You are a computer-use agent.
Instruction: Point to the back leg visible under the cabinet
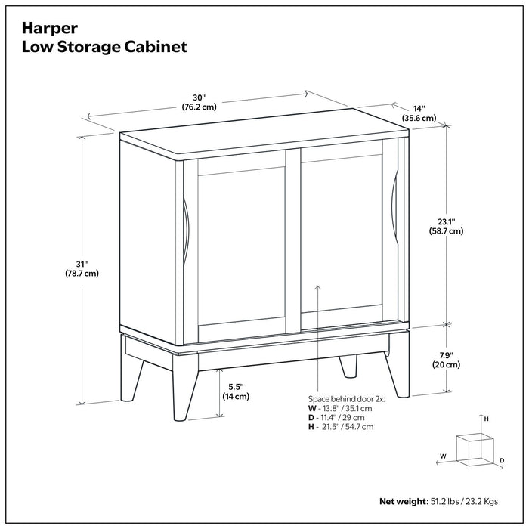tap(348, 366)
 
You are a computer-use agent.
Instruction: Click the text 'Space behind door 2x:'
tap(347, 398)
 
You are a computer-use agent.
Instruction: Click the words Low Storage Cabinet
tap(105, 47)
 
